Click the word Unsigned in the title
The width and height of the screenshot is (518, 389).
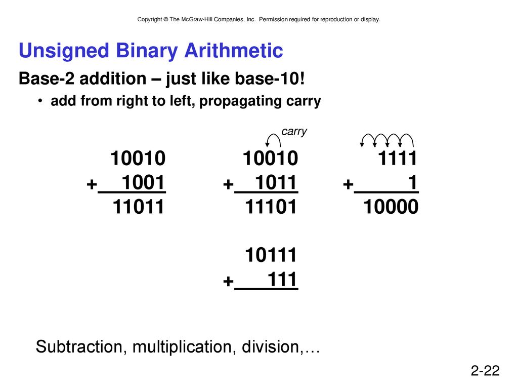pos(64,51)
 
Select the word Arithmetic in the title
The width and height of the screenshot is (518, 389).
pos(234,51)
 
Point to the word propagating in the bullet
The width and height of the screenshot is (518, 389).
pos(240,101)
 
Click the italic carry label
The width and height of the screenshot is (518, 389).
pos(294,132)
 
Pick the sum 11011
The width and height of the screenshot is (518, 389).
pos(138,207)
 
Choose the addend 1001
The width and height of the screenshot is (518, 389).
pos(143,182)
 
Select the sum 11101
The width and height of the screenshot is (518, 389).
pos(271,207)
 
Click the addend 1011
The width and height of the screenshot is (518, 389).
pos(276,182)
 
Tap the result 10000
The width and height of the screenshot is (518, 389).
pos(391,207)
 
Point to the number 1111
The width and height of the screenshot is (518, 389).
pos(398,158)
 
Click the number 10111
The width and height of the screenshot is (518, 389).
pos(271,255)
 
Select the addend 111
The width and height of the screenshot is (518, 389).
pos(282,280)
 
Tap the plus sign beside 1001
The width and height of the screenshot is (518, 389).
pos(92,184)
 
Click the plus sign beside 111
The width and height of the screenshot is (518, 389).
pos(228,282)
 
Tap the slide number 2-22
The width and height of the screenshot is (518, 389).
pos(485,370)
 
